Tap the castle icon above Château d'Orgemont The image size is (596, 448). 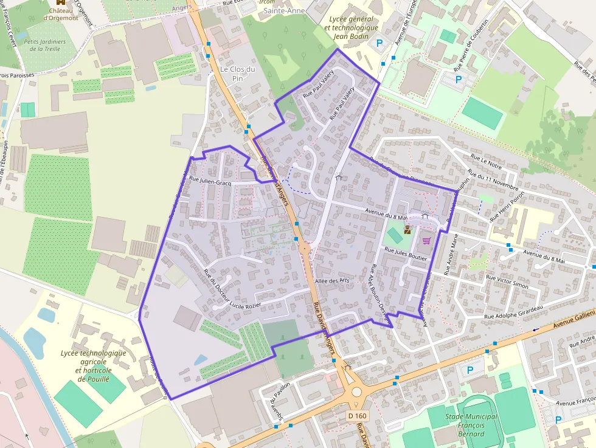[60, 2]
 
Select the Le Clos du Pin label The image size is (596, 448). [237, 74]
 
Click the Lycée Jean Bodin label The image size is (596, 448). [352, 27]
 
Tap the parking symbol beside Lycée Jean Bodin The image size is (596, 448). [381, 43]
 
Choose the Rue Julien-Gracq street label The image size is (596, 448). [210, 181]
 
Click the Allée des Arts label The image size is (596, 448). [333, 281]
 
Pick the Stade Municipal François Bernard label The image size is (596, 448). [471, 425]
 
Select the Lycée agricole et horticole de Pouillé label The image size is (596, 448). [94, 365]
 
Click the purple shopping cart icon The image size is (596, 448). [426, 241]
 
